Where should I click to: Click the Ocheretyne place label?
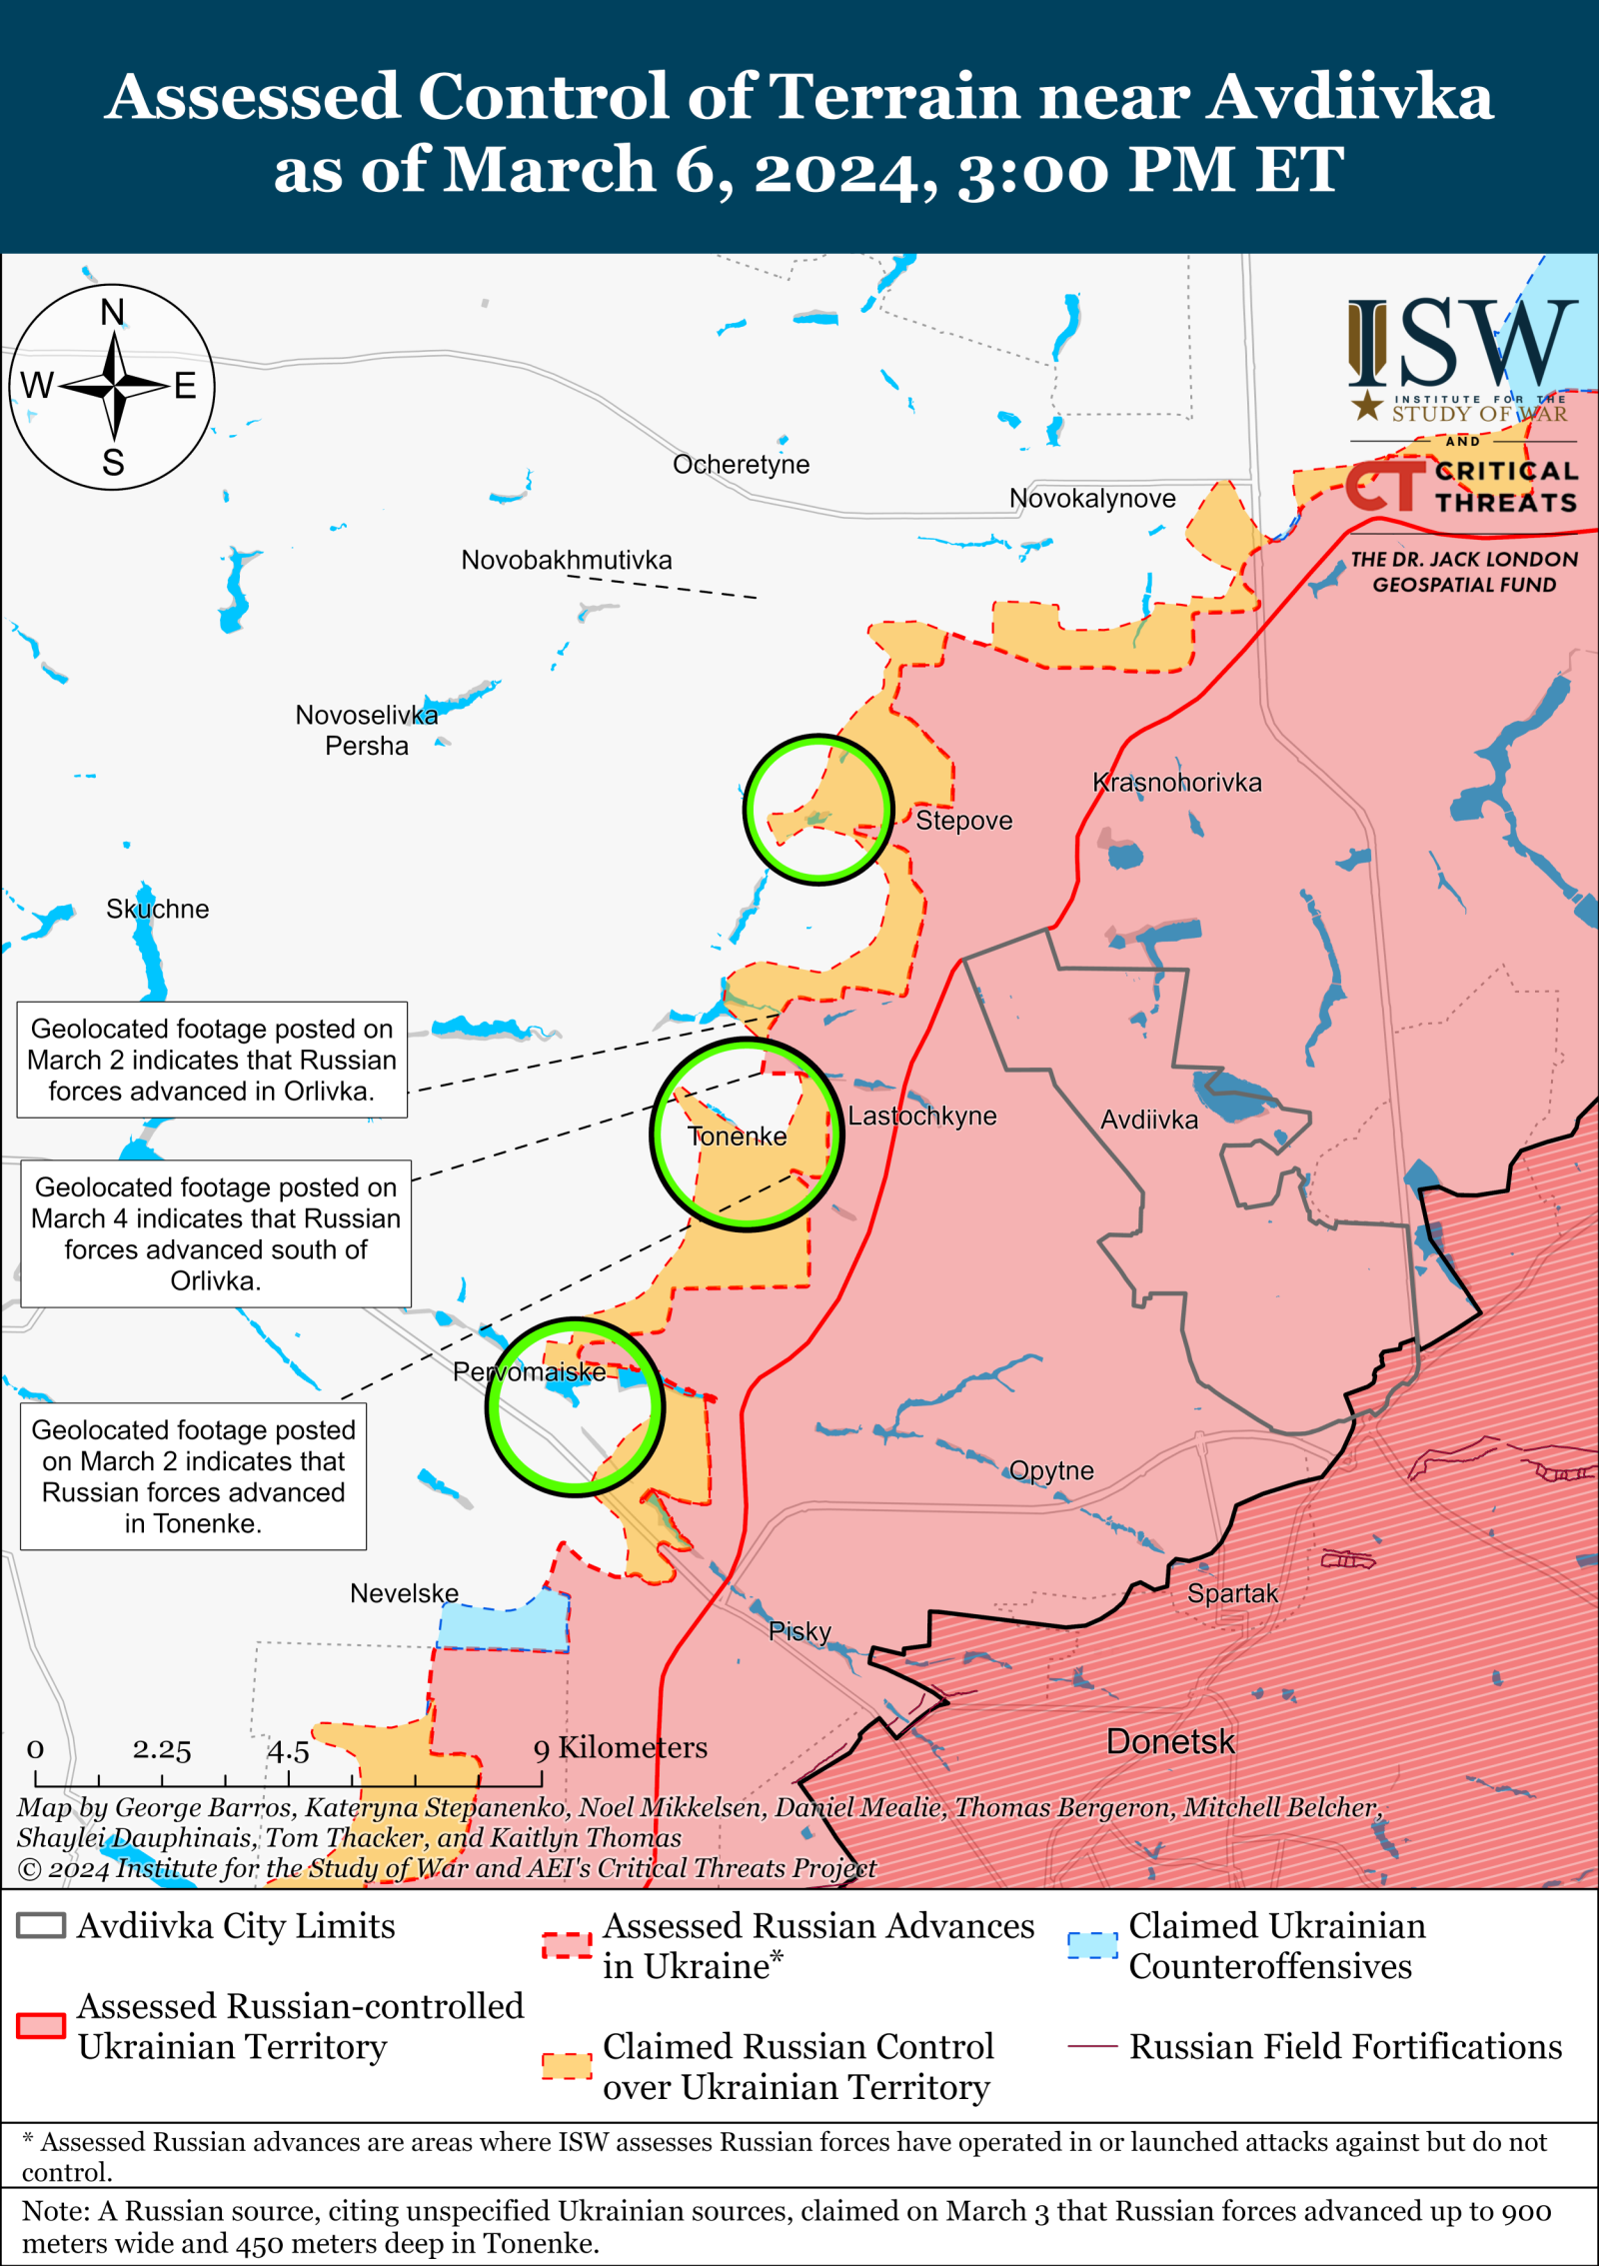click(x=741, y=464)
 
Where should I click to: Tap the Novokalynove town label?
click(x=1091, y=498)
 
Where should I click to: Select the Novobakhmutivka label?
click(x=566, y=560)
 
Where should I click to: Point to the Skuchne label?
click(x=157, y=909)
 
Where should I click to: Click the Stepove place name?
click(x=963, y=821)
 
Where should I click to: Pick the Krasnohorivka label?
click(x=1176, y=782)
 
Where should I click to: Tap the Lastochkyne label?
click(x=921, y=1116)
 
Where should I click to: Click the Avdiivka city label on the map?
click(x=1148, y=1120)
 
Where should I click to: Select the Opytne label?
click(x=1050, y=1470)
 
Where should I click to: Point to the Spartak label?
click(x=1231, y=1593)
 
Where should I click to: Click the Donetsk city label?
click(x=1169, y=1741)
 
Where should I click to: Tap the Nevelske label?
click(x=404, y=1593)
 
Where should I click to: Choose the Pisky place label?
click(x=799, y=1631)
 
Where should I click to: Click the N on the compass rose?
click(x=113, y=313)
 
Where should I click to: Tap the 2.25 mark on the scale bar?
click(x=161, y=1750)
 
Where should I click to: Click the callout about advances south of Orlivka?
click(x=216, y=1233)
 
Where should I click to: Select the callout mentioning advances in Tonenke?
click(x=193, y=1475)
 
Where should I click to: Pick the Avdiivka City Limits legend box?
click(x=41, y=1925)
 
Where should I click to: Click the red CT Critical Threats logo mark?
click(x=1384, y=486)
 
